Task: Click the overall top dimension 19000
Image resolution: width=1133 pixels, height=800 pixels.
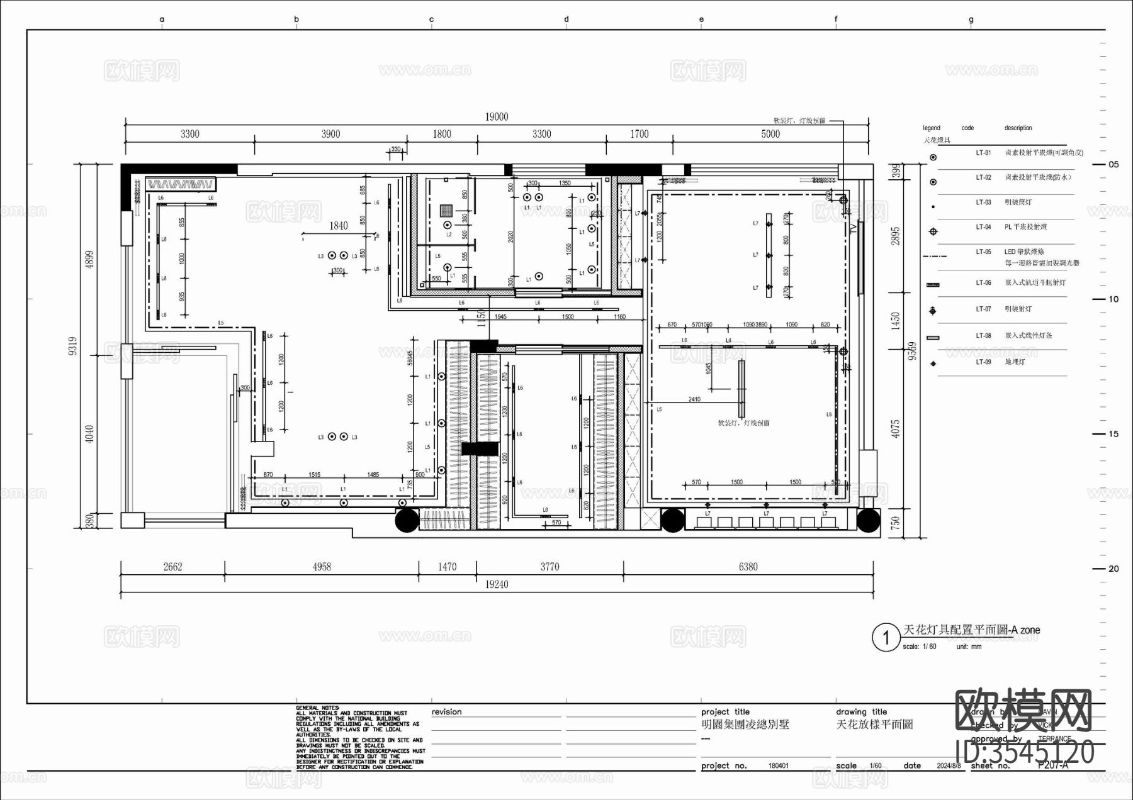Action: point(496,117)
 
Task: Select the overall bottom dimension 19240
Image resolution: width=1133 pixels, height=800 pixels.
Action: point(496,585)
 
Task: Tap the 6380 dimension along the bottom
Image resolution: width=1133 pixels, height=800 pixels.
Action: point(748,567)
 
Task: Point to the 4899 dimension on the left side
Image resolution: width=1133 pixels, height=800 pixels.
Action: point(89,260)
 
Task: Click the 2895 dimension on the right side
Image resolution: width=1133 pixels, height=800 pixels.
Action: point(896,235)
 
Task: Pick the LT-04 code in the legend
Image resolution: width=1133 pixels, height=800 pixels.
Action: point(983,227)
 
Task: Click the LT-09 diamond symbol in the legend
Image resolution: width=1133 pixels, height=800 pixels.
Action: point(933,364)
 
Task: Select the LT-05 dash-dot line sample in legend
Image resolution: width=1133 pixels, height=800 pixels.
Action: point(939,257)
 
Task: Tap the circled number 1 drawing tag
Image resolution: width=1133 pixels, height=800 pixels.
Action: point(886,638)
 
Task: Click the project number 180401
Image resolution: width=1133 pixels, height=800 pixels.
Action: point(778,766)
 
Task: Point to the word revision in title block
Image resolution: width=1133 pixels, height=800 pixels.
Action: point(446,712)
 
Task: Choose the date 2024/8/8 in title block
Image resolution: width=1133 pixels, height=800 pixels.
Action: point(949,766)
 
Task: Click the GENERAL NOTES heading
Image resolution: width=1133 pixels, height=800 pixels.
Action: point(318,708)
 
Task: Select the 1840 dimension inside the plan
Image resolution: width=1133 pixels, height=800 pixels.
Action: point(339,226)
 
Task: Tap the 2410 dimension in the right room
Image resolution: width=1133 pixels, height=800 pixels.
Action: point(694,399)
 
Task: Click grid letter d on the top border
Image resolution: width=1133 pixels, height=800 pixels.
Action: point(566,19)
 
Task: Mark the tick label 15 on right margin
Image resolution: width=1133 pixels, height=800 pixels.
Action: point(1113,434)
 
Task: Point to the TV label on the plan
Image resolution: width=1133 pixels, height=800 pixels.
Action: point(854,229)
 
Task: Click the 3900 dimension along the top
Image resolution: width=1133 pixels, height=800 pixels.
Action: point(330,134)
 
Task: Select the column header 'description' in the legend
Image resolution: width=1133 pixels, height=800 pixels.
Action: point(1018,128)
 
